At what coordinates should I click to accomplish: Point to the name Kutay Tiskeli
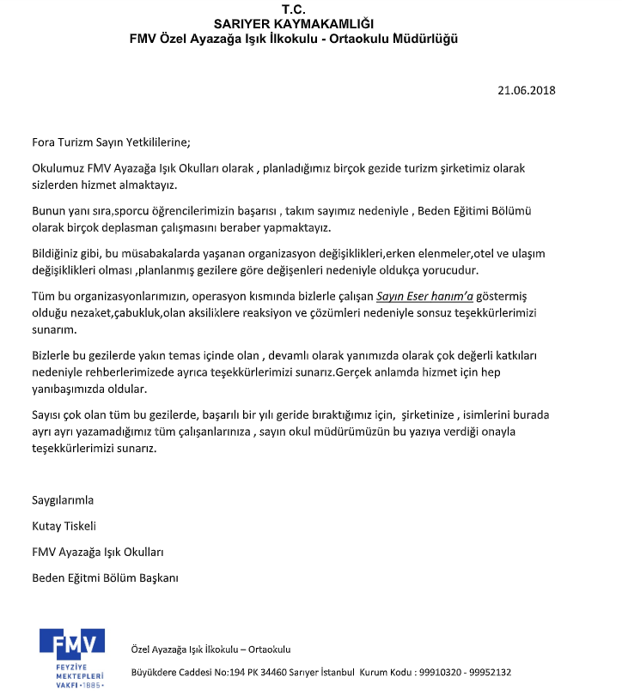(x=64, y=526)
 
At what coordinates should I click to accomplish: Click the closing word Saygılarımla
(x=63, y=500)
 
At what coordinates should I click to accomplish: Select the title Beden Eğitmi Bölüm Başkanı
(x=105, y=577)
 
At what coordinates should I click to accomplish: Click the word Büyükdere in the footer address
(x=155, y=673)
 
